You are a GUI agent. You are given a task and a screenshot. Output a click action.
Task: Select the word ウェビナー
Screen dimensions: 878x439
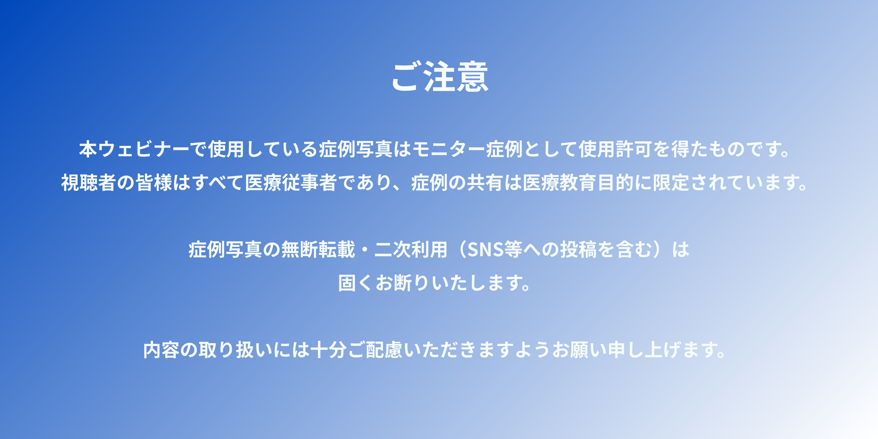coord(143,149)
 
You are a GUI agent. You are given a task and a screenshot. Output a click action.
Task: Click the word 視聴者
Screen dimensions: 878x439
coord(89,182)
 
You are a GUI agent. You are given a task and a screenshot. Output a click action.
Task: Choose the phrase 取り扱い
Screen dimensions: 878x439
coord(235,350)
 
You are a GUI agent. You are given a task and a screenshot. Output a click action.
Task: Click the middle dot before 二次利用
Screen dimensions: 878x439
coord(364,249)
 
